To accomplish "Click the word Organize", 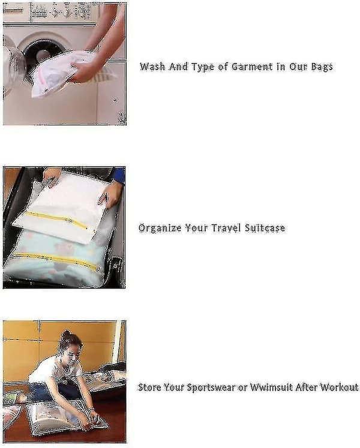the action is [160, 228].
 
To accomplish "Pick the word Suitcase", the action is [265, 228].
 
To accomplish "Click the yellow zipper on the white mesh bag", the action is [56, 220].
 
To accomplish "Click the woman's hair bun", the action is [66, 333].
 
